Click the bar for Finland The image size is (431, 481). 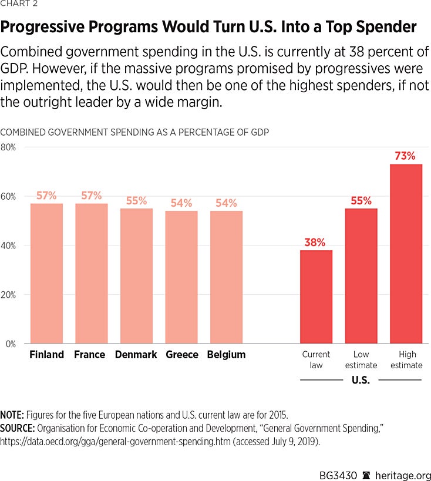46,273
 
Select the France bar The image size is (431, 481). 92,273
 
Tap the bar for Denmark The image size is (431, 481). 136,276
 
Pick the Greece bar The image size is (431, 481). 181,277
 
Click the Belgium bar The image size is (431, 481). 226,277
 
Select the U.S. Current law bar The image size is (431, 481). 316,297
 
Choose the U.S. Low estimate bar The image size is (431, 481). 361,276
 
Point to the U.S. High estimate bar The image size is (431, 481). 406,254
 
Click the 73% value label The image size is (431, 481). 406,156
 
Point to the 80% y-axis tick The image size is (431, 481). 8,147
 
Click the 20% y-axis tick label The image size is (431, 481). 8,294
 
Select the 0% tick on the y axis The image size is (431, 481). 10,344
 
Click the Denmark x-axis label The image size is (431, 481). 136,355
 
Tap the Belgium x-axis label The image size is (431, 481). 226,355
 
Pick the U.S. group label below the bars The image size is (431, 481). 361,380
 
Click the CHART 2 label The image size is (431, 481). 18,4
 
